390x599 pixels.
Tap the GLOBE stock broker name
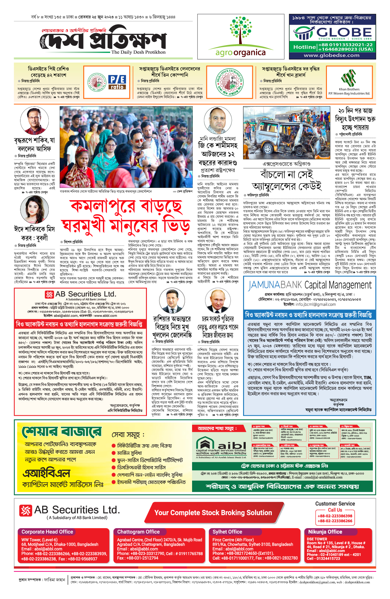coord(344,33)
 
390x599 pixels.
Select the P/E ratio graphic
coord(117,82)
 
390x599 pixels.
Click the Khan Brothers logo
coord(349,78)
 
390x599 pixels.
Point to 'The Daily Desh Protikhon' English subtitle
coord(138,52)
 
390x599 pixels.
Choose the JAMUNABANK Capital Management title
coord(310,285)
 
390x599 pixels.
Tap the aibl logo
coord(221,445)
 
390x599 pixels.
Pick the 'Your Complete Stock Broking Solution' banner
coord(213,513)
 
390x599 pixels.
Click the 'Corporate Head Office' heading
coord(47,532)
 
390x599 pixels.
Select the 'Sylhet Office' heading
coord(227,532)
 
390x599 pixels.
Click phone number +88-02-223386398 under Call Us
coord(335,516)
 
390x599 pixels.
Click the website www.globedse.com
coord(331,55)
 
